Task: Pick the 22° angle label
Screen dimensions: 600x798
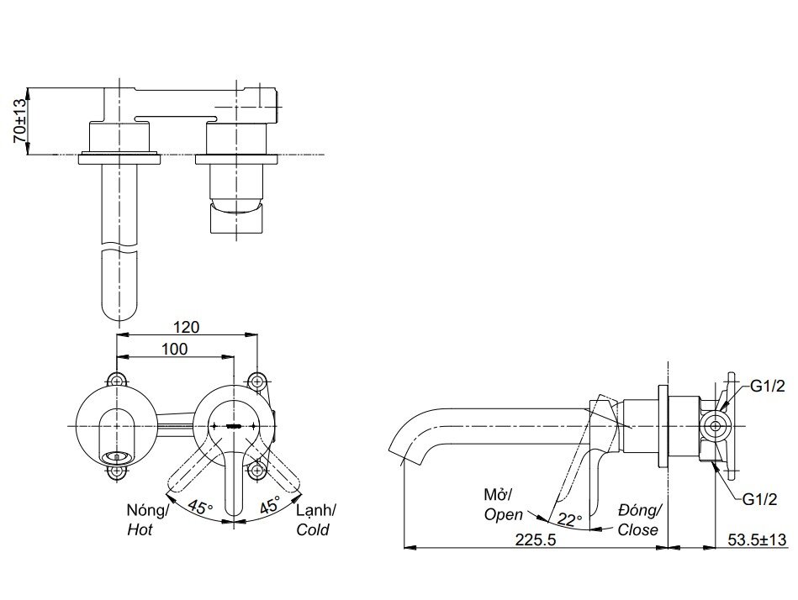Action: (x=570, y=520)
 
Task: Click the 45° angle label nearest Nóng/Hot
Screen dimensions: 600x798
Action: (x=200, y=508)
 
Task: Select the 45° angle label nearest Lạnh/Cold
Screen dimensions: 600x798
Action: (x=269, y=508)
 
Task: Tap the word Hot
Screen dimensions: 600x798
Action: (x=140, y=530)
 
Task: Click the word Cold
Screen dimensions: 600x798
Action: (x=312, y=530)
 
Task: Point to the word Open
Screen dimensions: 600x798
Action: (x=503, y=513)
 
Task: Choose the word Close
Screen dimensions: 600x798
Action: (x=637, y=529)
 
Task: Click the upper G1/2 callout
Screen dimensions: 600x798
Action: (x=766, y=387)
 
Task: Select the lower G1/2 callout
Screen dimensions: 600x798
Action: (x=758, y=499)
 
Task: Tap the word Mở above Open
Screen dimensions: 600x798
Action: (x=495, y=492)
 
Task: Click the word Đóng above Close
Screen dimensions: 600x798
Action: (x=640, y=509)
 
